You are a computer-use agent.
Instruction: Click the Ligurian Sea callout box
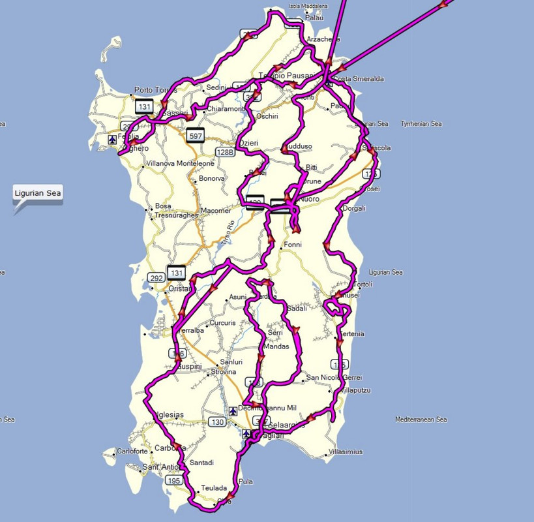(38, 193)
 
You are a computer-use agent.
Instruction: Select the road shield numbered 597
(195, 135)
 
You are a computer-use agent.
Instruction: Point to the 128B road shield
(225, 152)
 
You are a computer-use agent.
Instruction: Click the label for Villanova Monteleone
(180, 163)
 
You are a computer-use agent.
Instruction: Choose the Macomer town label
(216, 211)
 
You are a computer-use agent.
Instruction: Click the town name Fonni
(292, 246)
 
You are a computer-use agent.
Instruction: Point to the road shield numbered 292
(156, 278)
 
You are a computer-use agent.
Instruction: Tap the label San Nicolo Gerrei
(334, 377)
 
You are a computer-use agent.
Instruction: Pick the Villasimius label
(346, 452)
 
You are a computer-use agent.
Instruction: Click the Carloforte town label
(132, 451)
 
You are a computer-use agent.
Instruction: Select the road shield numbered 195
(173, 481)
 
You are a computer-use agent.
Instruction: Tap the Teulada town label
(214, 488)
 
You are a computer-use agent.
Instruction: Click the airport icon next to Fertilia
(113, 139)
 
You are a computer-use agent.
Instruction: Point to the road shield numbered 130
(217, 423)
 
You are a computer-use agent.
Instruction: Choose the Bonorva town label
(211, 178)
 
